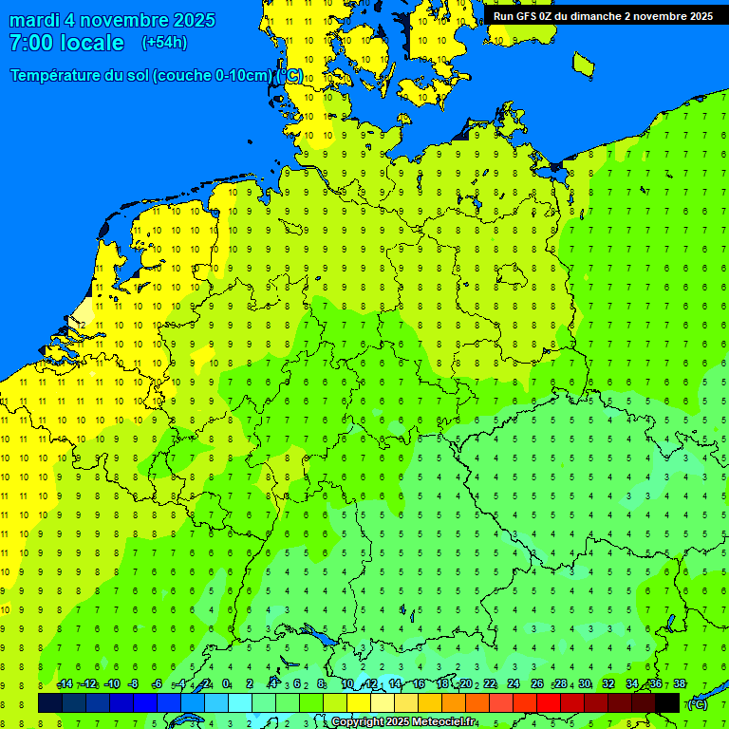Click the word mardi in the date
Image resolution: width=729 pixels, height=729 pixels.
pos(35,20)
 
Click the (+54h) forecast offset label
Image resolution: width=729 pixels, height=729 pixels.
pos(164,43)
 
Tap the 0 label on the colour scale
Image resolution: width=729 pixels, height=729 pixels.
pos(226,683)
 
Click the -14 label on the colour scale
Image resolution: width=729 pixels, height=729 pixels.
pos(65,683)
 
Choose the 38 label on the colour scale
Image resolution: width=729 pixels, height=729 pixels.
pos(680,683)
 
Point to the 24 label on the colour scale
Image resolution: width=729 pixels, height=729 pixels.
pos(514,683)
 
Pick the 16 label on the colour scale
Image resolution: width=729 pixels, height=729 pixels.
pos(419,683)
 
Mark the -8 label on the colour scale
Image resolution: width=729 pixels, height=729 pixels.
pos(134,683)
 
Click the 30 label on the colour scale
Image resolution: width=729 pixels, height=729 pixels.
pos(585,683)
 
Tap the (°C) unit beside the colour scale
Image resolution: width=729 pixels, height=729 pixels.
pos(697,704)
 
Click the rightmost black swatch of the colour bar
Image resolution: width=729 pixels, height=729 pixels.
pos(667,702)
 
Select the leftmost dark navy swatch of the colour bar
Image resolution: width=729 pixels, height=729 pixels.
pos(50,702)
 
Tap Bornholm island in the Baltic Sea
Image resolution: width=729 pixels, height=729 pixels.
pos(583,64)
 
